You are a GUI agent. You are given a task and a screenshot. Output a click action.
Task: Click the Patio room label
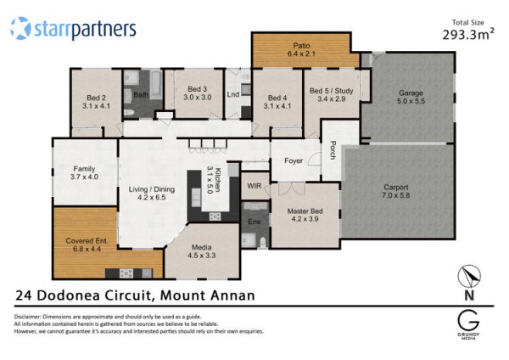click(301, 46)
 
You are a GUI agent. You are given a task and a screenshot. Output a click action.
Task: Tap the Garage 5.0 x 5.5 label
click(411, 97)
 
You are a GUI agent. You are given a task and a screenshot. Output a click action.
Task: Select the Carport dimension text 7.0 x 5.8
click(395, 195)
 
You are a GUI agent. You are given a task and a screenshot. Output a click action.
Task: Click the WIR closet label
click(255, 186)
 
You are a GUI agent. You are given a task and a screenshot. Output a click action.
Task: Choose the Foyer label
click(294, 160)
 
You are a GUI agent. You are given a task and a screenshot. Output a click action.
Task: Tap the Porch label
click(333, 150)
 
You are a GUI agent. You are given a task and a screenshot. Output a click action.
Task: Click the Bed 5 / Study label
click(331, 91)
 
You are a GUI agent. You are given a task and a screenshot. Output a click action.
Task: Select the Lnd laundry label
click(233, 94)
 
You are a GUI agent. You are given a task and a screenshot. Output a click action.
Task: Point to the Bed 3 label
click(198, 89)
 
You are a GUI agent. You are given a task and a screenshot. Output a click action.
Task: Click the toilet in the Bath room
click(129, 113)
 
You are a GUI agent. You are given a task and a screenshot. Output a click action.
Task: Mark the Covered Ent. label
click(87, 241)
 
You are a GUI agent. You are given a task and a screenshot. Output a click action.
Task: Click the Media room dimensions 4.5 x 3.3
click(202, 256)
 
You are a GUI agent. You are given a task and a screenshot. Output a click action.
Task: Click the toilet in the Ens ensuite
click(263, 243)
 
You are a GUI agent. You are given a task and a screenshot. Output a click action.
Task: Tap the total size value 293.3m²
click(468, 34)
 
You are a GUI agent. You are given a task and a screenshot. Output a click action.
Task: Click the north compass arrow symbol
click(469, 276)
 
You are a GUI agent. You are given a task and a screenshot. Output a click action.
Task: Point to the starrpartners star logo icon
click(20, 28)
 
